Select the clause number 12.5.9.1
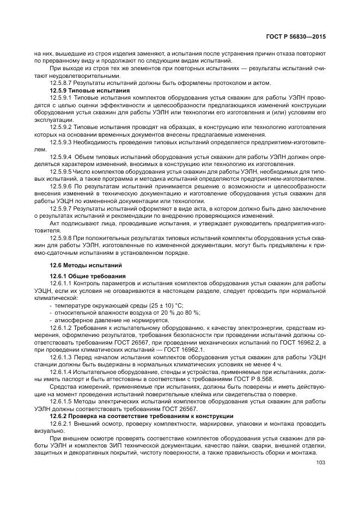pyautogui.click(x=62, y=97)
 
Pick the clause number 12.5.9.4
pyautogui.click(x=62, y=157)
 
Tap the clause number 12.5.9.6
pyautogui.click(x=62, y=186)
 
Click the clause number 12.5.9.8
pyautogui.click(x=62, y=238)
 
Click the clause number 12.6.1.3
pyautogui.click(x=62, y=357)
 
